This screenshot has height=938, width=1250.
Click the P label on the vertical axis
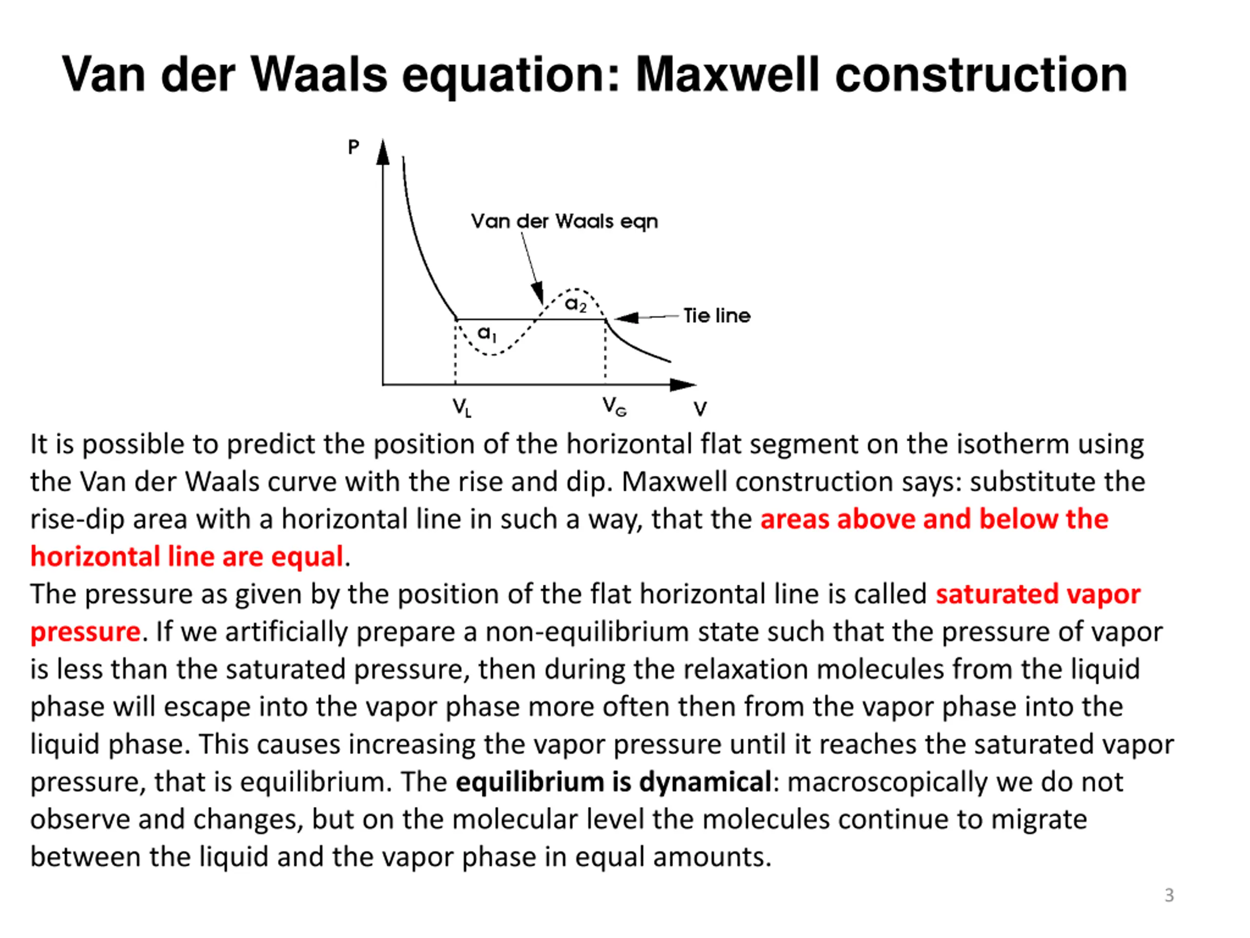coord(353,148)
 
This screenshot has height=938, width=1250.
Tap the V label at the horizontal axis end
coord(700,408)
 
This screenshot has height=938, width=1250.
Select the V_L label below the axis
coord(461,407)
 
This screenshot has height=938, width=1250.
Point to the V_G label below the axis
coord(614,406)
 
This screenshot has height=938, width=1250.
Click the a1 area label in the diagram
coord(486,333)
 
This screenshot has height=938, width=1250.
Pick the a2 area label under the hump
coord(575,304)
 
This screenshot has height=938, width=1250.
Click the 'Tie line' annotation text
coord(716,316)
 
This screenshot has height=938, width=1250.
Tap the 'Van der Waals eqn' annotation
coord(564,221)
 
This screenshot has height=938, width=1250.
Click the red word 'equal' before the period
coord(307,557)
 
